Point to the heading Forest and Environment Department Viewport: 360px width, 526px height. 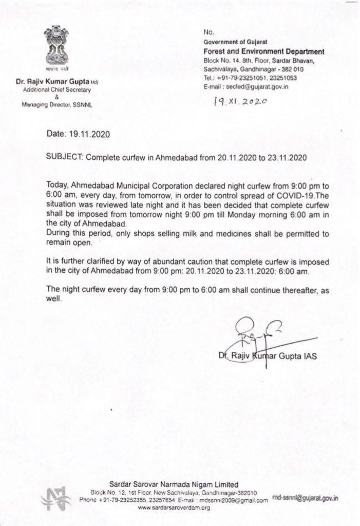(264, 51)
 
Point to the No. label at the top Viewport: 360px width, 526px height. (207, 31)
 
